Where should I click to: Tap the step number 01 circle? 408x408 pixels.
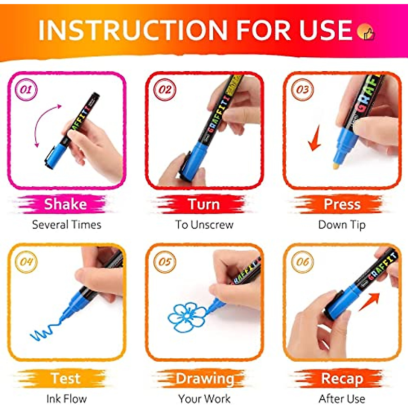click(x=26, y=90)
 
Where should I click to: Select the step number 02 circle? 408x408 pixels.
click(x=165, y=90)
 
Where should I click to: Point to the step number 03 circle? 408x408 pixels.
click(x=302, y=90)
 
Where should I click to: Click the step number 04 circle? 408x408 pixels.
click(x=26, y=262)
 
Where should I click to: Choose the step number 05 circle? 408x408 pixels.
click(x=165, y=262)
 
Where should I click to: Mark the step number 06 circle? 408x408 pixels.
click(x=302, y=262)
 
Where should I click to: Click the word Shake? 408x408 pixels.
click(x=66, y=204)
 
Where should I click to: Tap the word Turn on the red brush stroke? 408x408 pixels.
click(x=204, y=204)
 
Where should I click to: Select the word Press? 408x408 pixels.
click(x=342, y=204)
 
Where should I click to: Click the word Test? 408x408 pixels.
click(x=66, y=378)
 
